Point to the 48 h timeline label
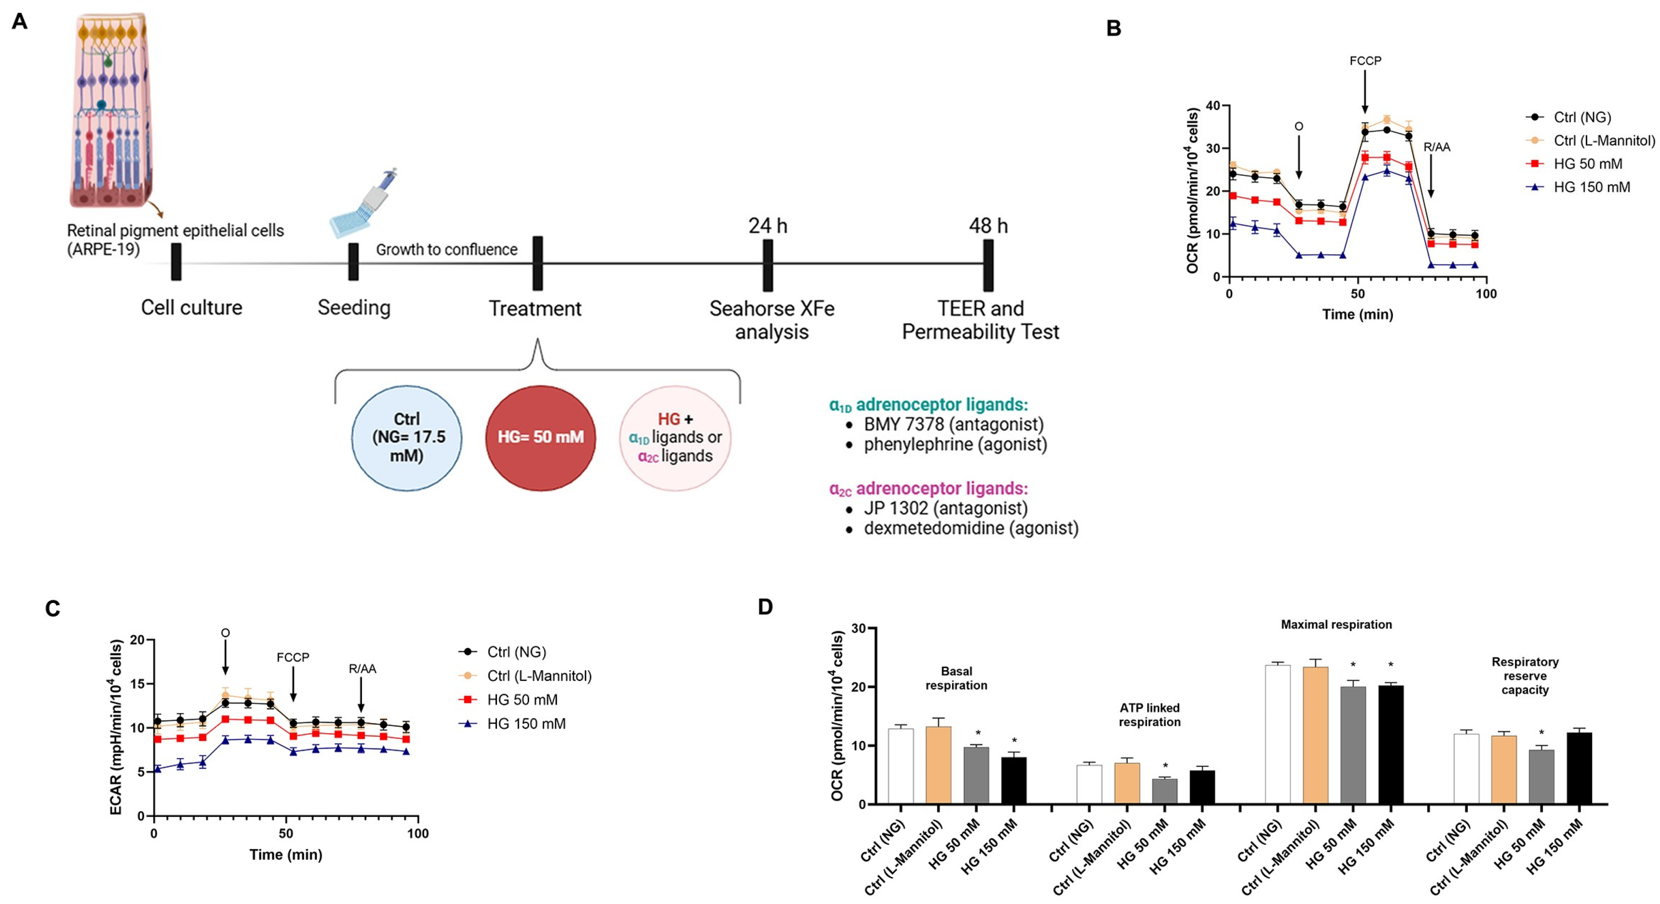[988, 226]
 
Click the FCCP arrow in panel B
[1365, 90]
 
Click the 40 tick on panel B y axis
[1213, 105]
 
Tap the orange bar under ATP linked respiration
[1127, 783]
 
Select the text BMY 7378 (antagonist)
[953, 425]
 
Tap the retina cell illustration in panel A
[111, 109]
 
